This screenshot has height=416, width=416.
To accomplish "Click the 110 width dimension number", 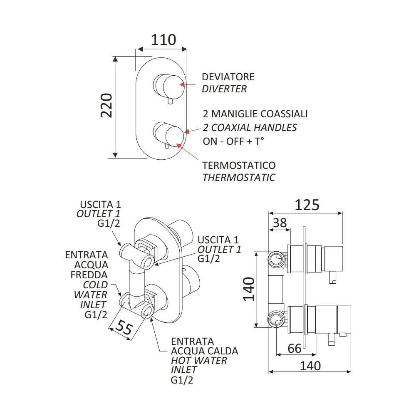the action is click(x=163, y=40).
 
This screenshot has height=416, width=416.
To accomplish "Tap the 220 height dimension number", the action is click(x=106, y=105).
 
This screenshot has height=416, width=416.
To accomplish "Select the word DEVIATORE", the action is click(x=228, y=77).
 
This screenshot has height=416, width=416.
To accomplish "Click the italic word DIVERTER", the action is click(x=224, y=89).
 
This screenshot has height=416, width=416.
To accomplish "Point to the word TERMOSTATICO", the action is click(x=239, y=166).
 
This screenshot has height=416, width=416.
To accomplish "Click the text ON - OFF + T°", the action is click(x=233, y=141).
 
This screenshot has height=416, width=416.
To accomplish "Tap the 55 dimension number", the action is click(x=124, y=327).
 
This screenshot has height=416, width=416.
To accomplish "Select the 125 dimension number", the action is click(x=307, y=205).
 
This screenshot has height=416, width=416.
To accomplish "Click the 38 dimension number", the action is click(x=280, y=223).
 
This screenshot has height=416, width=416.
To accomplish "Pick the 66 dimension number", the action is click(x=295, y=348).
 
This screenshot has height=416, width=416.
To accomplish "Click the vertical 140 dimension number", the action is click(x=249, y=289).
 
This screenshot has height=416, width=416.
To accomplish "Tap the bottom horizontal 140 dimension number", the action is click(x=310, y=366).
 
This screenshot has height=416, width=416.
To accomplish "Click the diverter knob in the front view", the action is click(x=169, y=86).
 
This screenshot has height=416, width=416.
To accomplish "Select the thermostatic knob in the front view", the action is click(x=169, y=134).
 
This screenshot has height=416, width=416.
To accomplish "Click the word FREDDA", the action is click(x=89, y=275).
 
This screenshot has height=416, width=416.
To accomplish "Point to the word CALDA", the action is click(x=225, y=351).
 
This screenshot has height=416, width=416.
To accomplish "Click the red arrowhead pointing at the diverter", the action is click(x=182, y=84).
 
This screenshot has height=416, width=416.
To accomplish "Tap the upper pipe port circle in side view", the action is click(x=276, y=259).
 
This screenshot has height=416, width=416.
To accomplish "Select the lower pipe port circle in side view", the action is click(x=276, y=319).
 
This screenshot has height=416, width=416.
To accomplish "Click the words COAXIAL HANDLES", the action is click(x=254, y=128).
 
